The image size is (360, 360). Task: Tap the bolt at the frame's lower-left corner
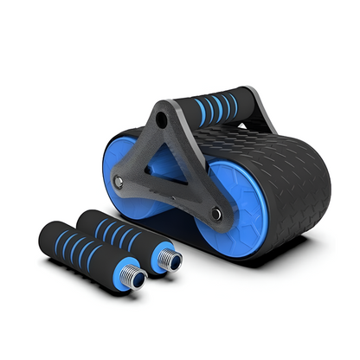(119, 182)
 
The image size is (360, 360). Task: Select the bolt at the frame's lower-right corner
(216, 213)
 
